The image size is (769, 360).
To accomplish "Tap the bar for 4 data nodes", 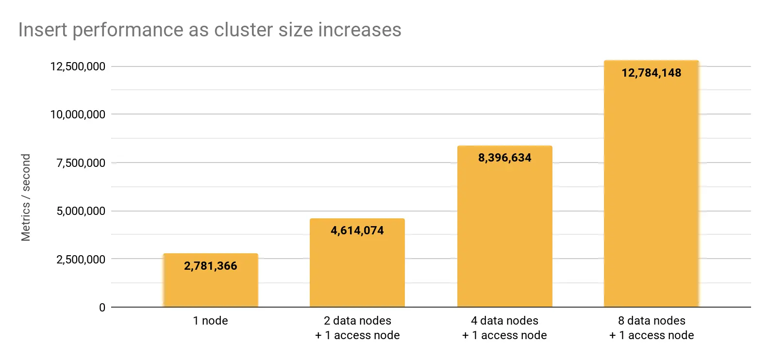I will point(504,233).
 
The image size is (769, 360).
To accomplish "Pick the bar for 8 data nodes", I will point(651,194).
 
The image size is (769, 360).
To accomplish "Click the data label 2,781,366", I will point(210,266).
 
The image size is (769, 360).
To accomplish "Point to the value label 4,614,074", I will point(357,230).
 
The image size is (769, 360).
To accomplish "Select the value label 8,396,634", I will point(504,158).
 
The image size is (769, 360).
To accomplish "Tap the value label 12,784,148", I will point(651,73).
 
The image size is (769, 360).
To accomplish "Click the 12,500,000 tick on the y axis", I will point(78,66).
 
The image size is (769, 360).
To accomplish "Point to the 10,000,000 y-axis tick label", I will point(78,115).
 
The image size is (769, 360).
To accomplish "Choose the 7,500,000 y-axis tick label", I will point(81,163).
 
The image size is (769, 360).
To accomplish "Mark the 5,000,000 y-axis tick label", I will point(81,211).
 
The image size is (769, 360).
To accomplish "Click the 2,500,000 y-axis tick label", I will point(81,260).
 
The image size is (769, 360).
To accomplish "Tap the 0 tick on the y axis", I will point(102,308).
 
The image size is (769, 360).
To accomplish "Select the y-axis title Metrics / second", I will point(26,197).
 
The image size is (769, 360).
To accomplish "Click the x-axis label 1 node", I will point(210,321).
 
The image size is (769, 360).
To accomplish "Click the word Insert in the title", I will point(43,30).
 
